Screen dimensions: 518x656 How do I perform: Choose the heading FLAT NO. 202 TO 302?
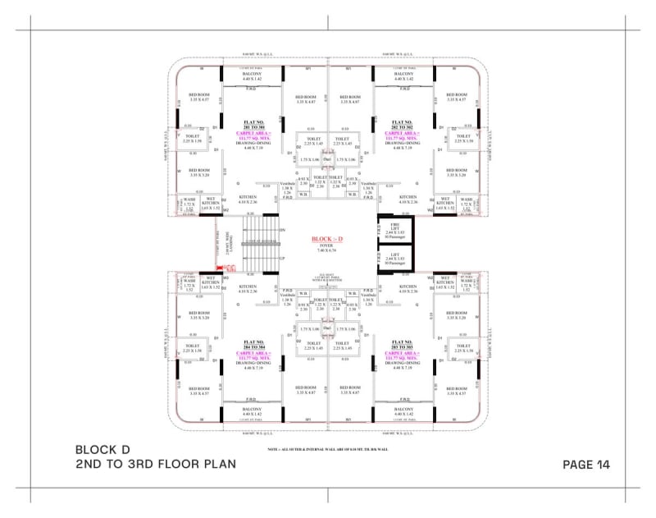tap(403, 124)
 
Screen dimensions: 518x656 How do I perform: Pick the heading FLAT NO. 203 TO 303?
tap(403, 343)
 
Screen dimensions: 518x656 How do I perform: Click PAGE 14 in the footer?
tap(586, 465)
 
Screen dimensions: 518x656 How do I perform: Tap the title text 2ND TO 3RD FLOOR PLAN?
tap(155, 464)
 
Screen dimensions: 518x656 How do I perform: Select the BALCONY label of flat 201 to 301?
tap(252, 74)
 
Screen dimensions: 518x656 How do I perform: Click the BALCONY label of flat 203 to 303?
tap(403, 409)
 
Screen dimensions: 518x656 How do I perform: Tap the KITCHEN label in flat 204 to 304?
tap(248, 287)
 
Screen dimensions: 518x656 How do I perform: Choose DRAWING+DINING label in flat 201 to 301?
tap(247, 144)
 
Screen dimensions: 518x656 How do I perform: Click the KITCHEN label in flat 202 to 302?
tap(408, 197)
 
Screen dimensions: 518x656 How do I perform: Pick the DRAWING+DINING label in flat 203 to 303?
tap(403, 362)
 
